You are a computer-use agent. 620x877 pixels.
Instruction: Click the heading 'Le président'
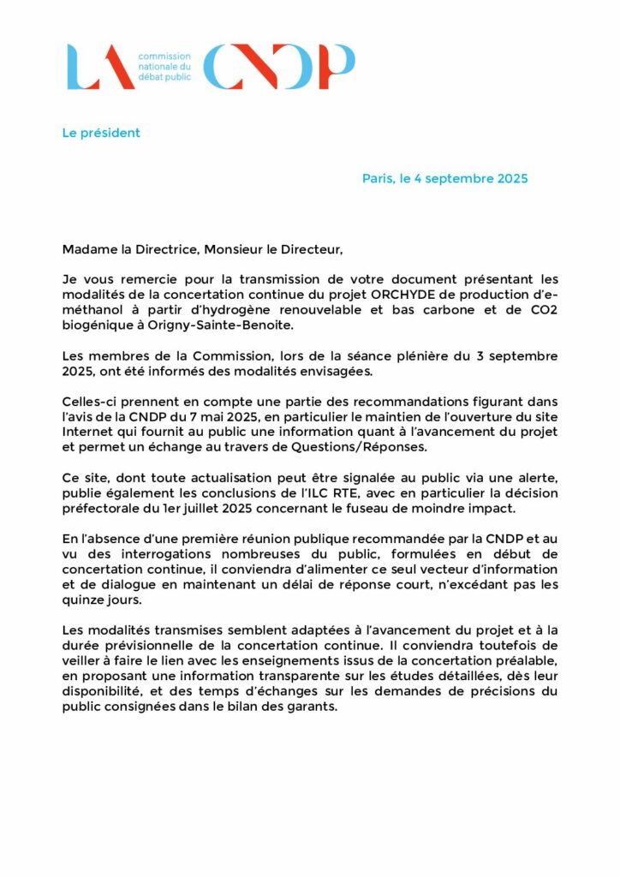pos(101,133)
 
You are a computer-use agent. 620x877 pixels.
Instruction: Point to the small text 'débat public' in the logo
pos(164,77)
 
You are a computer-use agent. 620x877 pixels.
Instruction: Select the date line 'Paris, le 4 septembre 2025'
pos(444,179)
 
